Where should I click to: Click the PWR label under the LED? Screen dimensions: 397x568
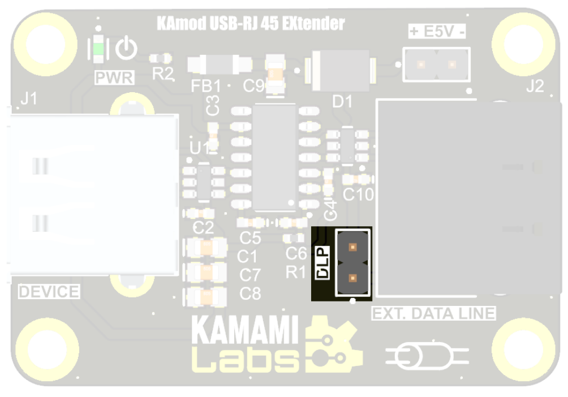point(114,77)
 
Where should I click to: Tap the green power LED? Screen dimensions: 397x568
point(98,49)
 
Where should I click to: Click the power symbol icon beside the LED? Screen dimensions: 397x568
point(126,49)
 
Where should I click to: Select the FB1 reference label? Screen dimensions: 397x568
point(206,86)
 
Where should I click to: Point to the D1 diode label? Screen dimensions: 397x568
point(342,102)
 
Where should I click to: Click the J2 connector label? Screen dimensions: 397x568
point(535,86)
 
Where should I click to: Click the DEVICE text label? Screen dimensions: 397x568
point(49,292)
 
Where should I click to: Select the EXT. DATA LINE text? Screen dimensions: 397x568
point(433,313)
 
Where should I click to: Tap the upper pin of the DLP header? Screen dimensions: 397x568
point(352,247)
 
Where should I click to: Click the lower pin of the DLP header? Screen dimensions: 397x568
point(352,278)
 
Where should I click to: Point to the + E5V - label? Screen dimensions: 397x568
point(437,32)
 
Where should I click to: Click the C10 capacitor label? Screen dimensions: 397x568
point(359,195)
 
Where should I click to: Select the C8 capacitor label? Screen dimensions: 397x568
point(250,294)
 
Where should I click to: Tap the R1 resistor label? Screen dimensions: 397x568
point(295,273)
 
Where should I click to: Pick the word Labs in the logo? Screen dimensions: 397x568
point(245,359)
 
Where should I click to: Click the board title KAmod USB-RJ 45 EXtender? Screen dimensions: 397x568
point(250,24)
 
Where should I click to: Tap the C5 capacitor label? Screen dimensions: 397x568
point(250,238)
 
